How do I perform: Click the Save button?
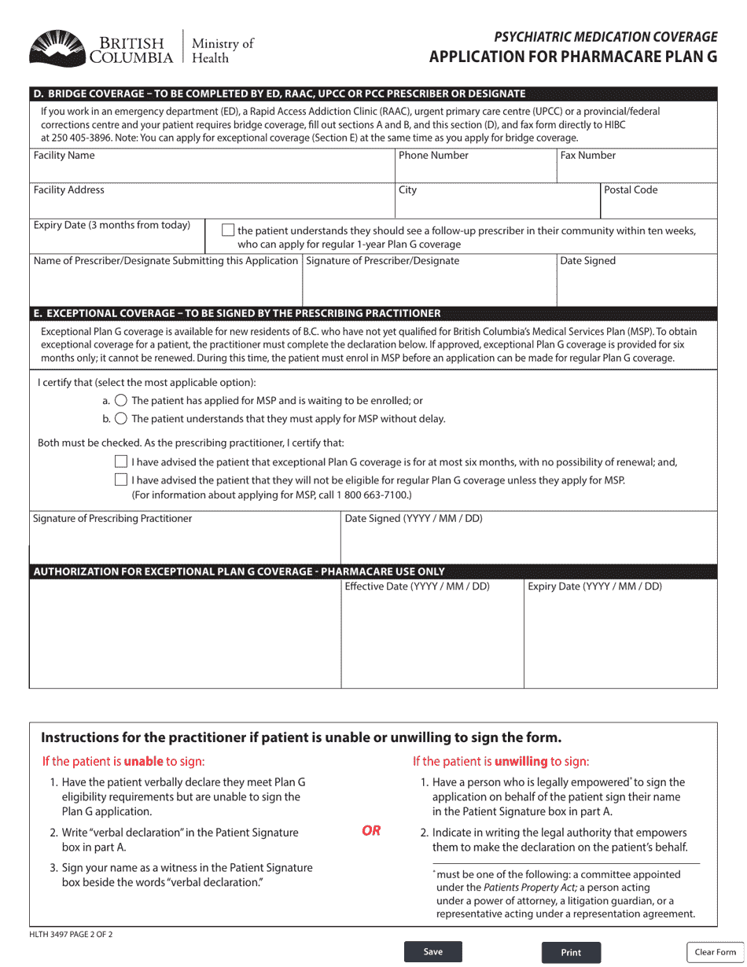tap(432, 952)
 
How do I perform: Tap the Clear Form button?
tap(715, 952)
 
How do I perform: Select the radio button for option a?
tap(121, 401)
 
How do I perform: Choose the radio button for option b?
tap(121, 419)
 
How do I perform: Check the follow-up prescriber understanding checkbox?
tap(228, 230)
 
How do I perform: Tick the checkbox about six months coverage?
tap(121, 461)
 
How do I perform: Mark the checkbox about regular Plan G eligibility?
tap(121, 480)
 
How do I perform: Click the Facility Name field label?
tap(64, 156)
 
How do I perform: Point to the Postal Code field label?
tap(631, 190)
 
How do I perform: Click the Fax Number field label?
tap(587, 156)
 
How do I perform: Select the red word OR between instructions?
tap(371, 831)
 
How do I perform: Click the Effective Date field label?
tap(417, 586)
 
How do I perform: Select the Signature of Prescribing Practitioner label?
tap(112, 519)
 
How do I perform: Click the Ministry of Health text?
tap(223, 50)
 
